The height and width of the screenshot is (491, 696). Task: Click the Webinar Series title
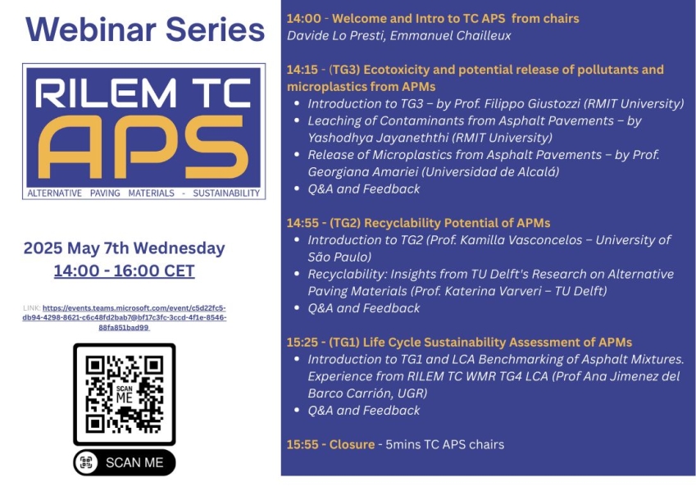pos(145,30)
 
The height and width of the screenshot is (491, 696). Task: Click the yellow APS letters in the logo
pos(143,147)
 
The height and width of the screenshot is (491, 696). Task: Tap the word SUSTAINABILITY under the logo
pos(226,193)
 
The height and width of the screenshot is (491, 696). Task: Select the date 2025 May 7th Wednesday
pos(125,248)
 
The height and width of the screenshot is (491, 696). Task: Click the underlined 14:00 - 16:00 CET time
pos(125,271)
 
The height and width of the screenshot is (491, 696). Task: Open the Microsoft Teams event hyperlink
pos(125,318)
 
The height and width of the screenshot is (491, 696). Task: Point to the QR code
pos(125,394)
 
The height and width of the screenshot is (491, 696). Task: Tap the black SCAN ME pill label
pos(125,462)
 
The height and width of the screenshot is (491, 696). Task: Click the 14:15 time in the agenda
pos(303,70)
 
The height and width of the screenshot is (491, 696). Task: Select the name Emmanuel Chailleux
pos(451,35)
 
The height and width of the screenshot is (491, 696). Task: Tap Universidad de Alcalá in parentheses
pos(490,172)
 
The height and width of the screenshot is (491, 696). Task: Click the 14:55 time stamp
pos(303,223)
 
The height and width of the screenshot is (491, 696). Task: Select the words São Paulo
pos(338,257)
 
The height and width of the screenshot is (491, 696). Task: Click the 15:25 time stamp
pos(303,343)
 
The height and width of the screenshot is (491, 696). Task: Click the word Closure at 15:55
pos(352,444)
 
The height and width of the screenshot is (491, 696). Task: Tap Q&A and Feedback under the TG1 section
pos(364,410)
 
